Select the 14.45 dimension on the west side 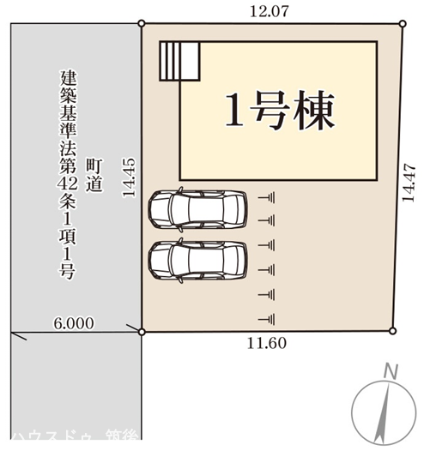[x=129, y=177]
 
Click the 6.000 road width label [x=73, y=323]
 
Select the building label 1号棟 [x=278, y=111]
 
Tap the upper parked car [x=197, y=207]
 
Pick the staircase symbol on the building [x=179, y=60]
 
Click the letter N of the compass [x=390, y=371]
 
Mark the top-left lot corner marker [x=142, y=24]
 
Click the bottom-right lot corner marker [x=392, y=331]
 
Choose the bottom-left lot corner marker [x=142, y=331]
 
